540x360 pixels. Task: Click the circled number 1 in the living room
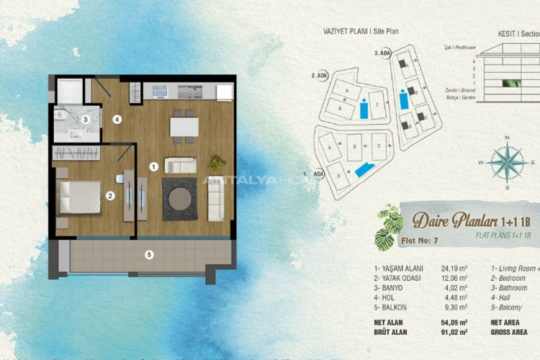click(x=153, y=166)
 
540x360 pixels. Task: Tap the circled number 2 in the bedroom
click(x=110, y=194)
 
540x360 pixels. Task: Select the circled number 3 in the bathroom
click(x=85, y=120)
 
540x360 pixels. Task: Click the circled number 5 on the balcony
click(x=148, y=253)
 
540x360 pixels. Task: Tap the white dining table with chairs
click(x=184, y=127)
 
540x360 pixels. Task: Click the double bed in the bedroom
click(x=79, y=196)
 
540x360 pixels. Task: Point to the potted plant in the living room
click(x=216, y=162)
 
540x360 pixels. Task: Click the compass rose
click(x=509, y=161)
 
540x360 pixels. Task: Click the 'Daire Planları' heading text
click(x=441, y=219)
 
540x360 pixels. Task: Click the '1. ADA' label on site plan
click(x=315, y=174)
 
